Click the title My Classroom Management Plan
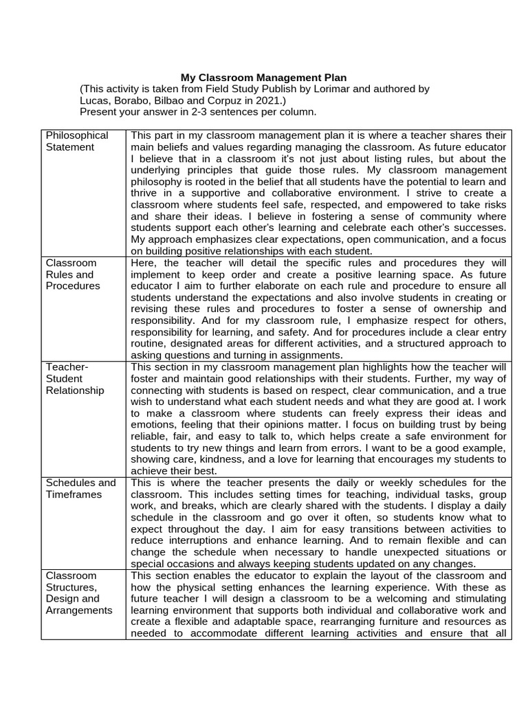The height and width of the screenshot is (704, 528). [264, 78]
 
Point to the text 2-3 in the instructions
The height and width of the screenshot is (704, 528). [195, 112]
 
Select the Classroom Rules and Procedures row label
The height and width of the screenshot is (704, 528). [72, 274]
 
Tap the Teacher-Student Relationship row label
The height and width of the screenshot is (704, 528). [75, 379]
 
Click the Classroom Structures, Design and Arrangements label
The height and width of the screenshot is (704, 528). [78, 593]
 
